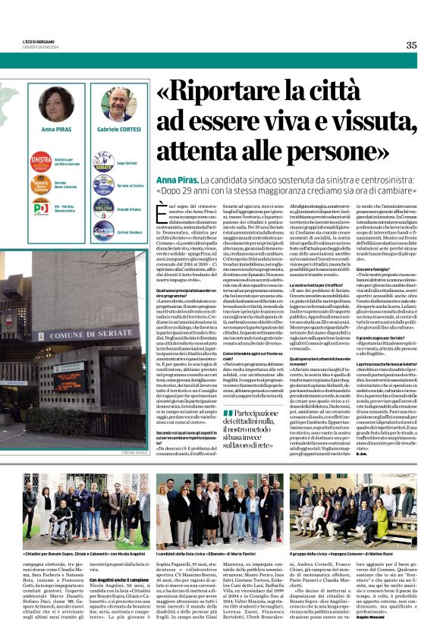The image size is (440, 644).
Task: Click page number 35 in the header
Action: pos(411,45)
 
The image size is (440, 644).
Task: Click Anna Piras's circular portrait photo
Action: pos(56,104)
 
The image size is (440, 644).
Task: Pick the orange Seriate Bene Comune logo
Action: pos(41,185)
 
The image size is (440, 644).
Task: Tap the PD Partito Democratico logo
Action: pos(41,208)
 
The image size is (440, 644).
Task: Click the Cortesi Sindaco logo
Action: pos(103,229)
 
